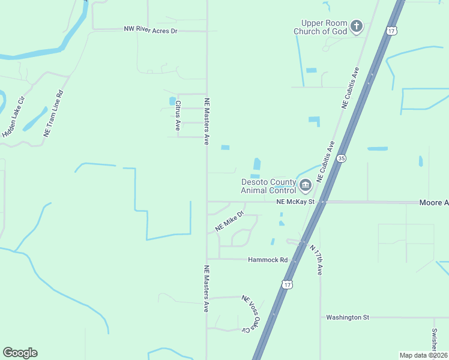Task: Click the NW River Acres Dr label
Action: pyautogui.click(x=151, y=29)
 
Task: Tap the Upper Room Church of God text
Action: pyautogui.click(x=320, y=27)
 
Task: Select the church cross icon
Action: pyautogui.click(x=357, y=26)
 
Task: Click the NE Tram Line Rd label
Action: pyautogui.click(x=53, y=114)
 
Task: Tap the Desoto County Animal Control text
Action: pyautogui.click(x=268, y=186)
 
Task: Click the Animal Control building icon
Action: pyautogui.click(x=306, y=185)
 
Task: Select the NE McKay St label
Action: pyautogui.click(x=295, y=202)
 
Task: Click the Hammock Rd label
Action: pyautogui.click(x=268, y=260)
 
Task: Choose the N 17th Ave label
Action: pyautogui.click(x=316, y=259)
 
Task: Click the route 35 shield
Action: pyautogui.click(x=341, y=158)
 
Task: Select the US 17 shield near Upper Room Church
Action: pyautogui.click(x=392, y=31)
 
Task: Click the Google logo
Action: pyautogui.click(x=20, y=353)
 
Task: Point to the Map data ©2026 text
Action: pyautogui.click(x=423, y=355)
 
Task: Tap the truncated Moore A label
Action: pyautogui.click(x=433, y=203)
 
